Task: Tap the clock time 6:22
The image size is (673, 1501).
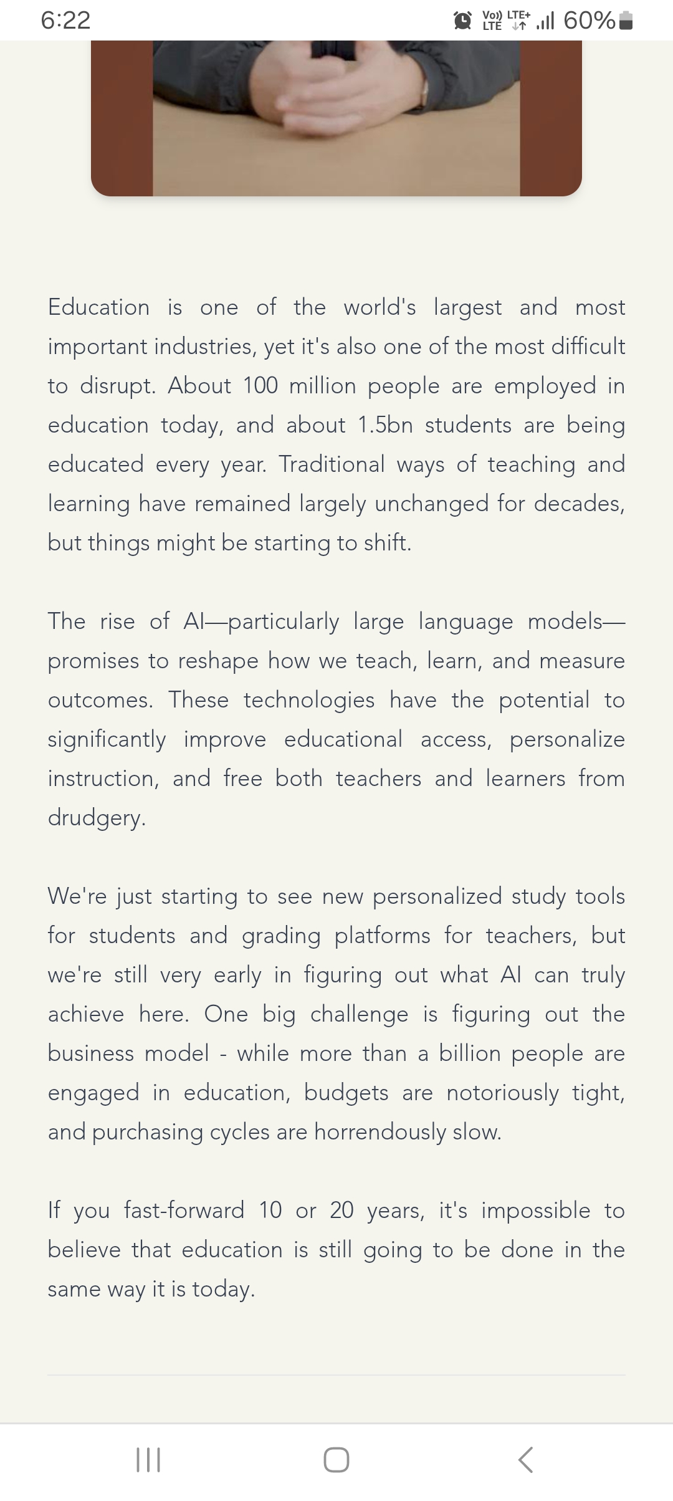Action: click(x=65, y=21)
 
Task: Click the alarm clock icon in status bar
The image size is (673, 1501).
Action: click(x=462, y=21)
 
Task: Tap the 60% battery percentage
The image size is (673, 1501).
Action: click(x=589, y=21)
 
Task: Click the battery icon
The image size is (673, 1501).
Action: click(x=627, y=21)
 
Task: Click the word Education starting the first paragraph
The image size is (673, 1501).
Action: click(x=98, y=307)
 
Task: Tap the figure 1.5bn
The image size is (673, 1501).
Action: click(x=385, y=425)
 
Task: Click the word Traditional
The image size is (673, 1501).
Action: click(x=332, y=464)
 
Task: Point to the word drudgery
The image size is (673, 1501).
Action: click(x=97, y=818)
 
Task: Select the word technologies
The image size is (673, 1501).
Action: click(x=309, y=700)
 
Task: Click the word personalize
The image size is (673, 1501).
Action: click(x=567, y=739)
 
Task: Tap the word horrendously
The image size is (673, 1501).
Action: click(x=380, y=1132)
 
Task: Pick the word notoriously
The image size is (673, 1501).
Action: click(x=503, y=1093)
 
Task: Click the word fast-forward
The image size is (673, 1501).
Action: click(x=184, y=1211)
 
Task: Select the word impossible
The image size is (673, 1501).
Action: click(x=536, y=1211)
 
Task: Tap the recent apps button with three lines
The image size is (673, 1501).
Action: click(x=148, y=1460)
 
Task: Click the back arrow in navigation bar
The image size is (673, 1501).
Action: click(x=526, y=1460)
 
